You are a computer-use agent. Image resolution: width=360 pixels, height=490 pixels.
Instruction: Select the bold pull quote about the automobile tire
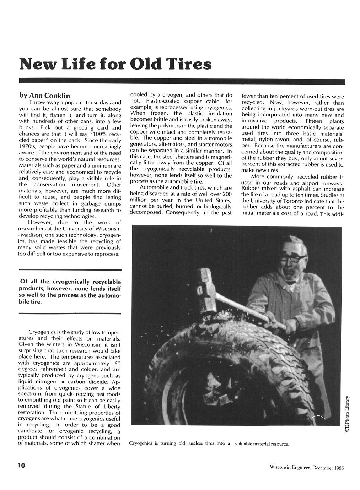click(70, 292)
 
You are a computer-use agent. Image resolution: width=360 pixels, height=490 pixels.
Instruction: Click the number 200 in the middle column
click(226, 194)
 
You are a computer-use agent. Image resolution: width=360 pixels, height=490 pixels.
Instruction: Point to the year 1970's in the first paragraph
click(27, 147)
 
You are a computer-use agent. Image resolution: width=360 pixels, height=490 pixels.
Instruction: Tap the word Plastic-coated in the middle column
click(163, 101)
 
